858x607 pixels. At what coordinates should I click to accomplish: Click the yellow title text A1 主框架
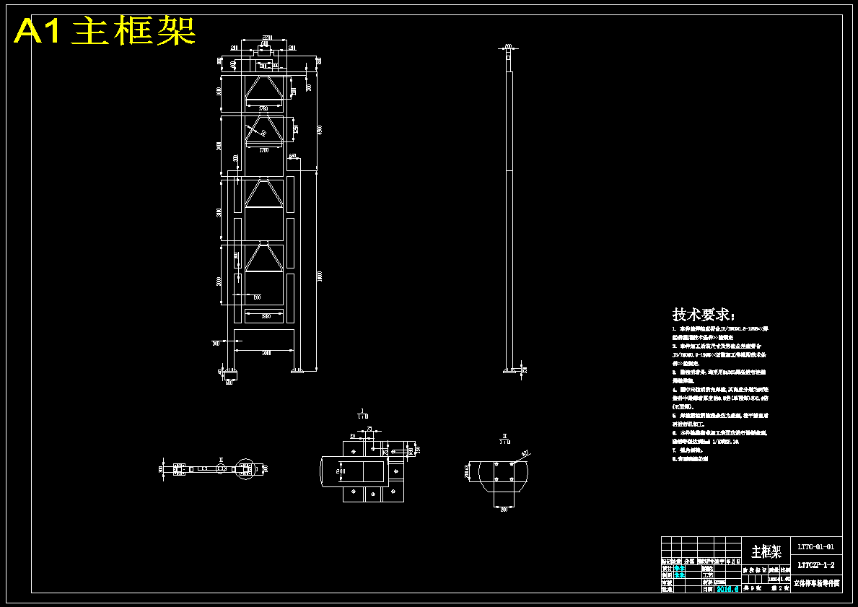(x=105, y=31)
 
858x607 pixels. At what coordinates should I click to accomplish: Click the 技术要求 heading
(x=704, y=315)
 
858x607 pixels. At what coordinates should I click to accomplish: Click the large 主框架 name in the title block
(x=766, y=552)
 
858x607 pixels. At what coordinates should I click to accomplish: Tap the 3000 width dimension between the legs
(x=266, y=352)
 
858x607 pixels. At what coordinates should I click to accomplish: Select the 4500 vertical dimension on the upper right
(x=320, y=130)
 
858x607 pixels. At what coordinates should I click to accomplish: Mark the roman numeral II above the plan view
(x=222, y=459)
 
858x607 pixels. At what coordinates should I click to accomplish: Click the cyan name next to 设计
(x=680, y=568)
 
